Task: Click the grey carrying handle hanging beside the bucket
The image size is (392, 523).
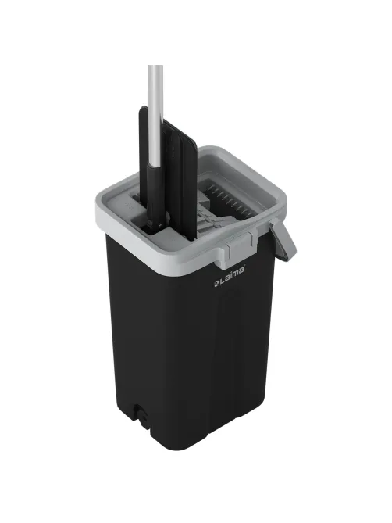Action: [283, 240]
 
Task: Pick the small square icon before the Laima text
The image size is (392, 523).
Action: [216, 284]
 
